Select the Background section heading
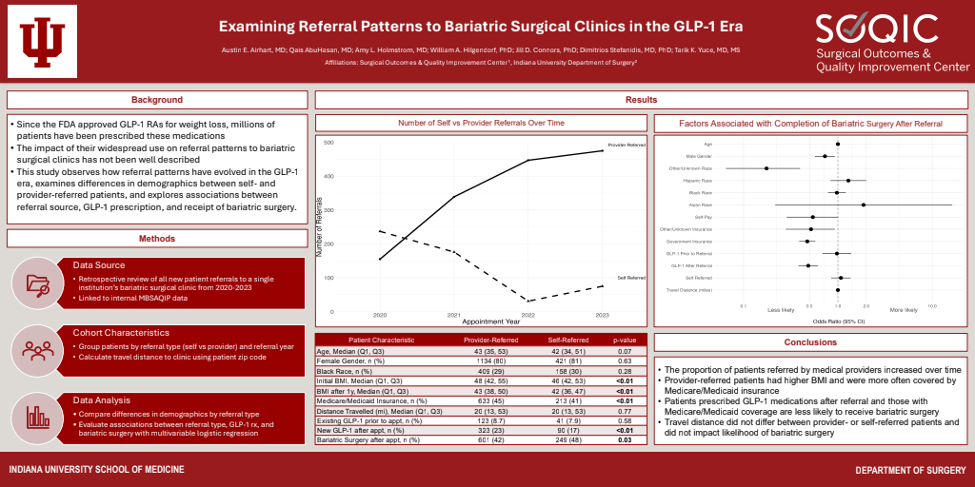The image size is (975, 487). [x=157, y=100]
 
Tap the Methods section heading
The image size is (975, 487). [x=157, y=240]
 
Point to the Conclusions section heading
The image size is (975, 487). [x=811, y=342]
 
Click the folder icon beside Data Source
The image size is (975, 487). [x=38, y=282]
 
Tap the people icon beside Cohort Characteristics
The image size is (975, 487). [x=38, y=349]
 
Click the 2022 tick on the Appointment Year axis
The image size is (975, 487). [x=527, y=315]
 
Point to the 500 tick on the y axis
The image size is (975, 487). [x=328, y=143]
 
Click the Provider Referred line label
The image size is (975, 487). [x=626, y=146]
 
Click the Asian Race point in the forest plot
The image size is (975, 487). [x=864, y=205]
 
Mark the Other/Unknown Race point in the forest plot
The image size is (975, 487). [x=766, y=168]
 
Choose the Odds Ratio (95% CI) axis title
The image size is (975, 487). [x=838, y=323]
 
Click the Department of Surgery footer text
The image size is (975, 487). [x=911, y=471]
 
